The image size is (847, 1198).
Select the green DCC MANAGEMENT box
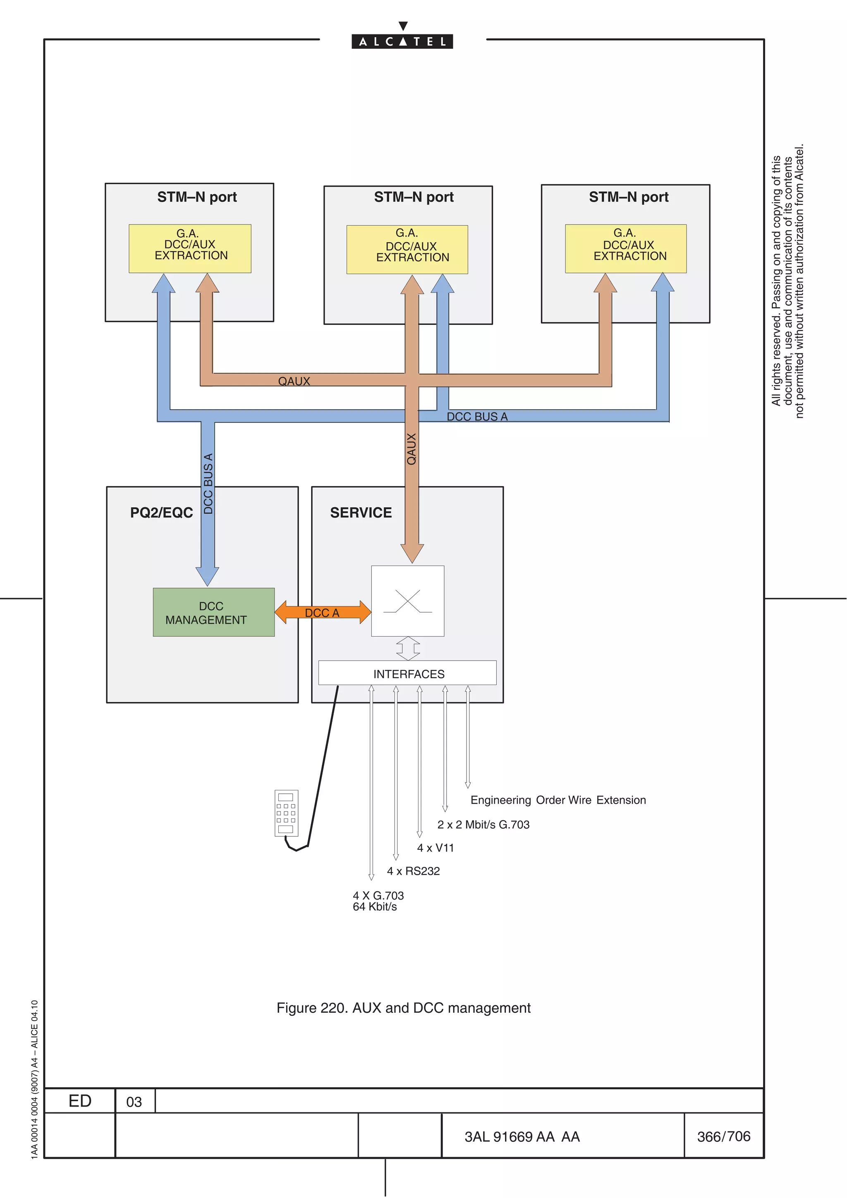coord(213,612)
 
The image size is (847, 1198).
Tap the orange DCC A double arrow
coord(323,612)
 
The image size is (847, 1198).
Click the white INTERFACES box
coord(408,673)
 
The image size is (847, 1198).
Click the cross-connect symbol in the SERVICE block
coord(408,601)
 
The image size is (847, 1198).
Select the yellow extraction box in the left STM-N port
coord(190,248)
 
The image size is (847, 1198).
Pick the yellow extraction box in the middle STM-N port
coord(407,249)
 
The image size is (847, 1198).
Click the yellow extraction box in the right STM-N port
coord(625,248)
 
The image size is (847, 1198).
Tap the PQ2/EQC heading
coord(161,512)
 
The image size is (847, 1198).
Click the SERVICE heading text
coord(361,512)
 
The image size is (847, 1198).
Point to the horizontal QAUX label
coord(294,381)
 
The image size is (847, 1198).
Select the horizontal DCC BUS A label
coord(476,416)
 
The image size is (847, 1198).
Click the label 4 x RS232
coord(413,871)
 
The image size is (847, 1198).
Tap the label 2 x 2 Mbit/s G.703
coord(483,824)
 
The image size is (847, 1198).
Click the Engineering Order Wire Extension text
coord(558,800)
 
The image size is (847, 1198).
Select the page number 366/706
coord(723,1136)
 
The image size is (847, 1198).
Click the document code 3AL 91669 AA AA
coord(522,1136)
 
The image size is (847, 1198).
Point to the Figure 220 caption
coord(403,1007)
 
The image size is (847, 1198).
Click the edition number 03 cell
coord(134,1101)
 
